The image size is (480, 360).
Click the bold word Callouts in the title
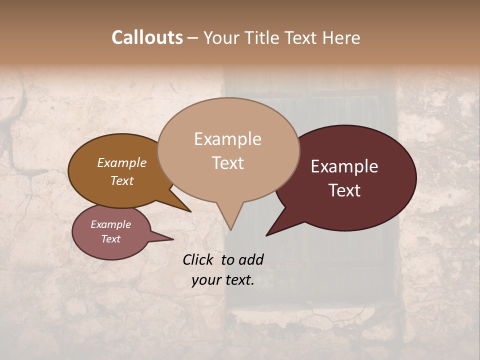click(147, 37)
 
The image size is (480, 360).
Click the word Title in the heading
click(261, 37)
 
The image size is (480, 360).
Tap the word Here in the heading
click(341, 37)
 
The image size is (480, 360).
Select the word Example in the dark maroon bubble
click(344, 166)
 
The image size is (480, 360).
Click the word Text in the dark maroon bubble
click(344, 190)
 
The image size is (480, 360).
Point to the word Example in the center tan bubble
click(227, 139)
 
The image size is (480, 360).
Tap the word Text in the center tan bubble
click(227, 163)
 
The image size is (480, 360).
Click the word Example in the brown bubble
click(121, 163)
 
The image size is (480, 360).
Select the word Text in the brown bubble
click(121, 180)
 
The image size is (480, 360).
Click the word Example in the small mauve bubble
click(110, 224)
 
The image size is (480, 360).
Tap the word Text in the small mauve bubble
click(110, 239)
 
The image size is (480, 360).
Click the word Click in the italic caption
click(198, 259)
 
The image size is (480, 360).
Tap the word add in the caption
click(251, 259)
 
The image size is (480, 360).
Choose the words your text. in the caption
click(223, 280)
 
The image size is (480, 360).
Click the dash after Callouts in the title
click(193, 38)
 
